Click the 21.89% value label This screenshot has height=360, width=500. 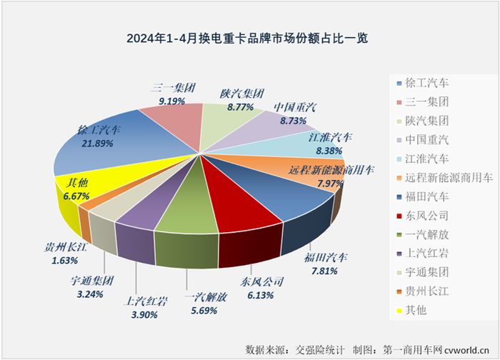tap(99, 144)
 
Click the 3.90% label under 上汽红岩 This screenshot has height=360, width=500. tap(146, 314)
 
